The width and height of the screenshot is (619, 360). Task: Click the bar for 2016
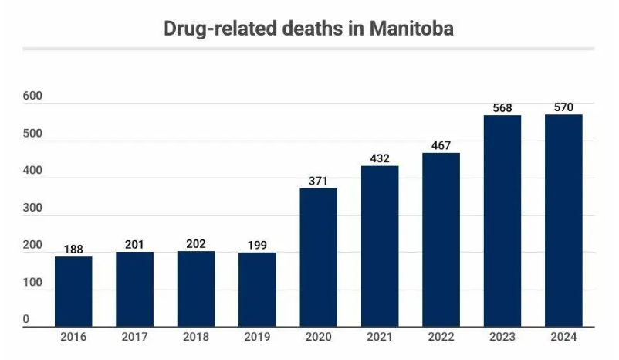73,291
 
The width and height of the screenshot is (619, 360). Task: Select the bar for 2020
319,257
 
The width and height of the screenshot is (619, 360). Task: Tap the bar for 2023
502,221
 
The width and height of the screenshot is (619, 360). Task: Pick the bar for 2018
196,289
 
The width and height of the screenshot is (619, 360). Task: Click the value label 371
319,181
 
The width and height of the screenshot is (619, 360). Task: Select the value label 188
73,249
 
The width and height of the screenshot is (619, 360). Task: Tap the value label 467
441,145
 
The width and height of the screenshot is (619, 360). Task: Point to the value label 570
563,107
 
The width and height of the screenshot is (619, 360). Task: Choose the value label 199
257,245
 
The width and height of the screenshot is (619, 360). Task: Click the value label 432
380,158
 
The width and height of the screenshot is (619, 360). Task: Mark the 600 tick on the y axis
32,96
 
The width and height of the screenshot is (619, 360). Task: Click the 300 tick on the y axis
32,208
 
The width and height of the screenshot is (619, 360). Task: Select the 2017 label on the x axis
134,338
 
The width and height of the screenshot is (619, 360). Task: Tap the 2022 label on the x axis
441,338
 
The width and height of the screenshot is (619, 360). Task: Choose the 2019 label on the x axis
257,338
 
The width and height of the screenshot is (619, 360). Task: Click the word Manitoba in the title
412,29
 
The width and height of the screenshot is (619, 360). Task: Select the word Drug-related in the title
217,29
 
